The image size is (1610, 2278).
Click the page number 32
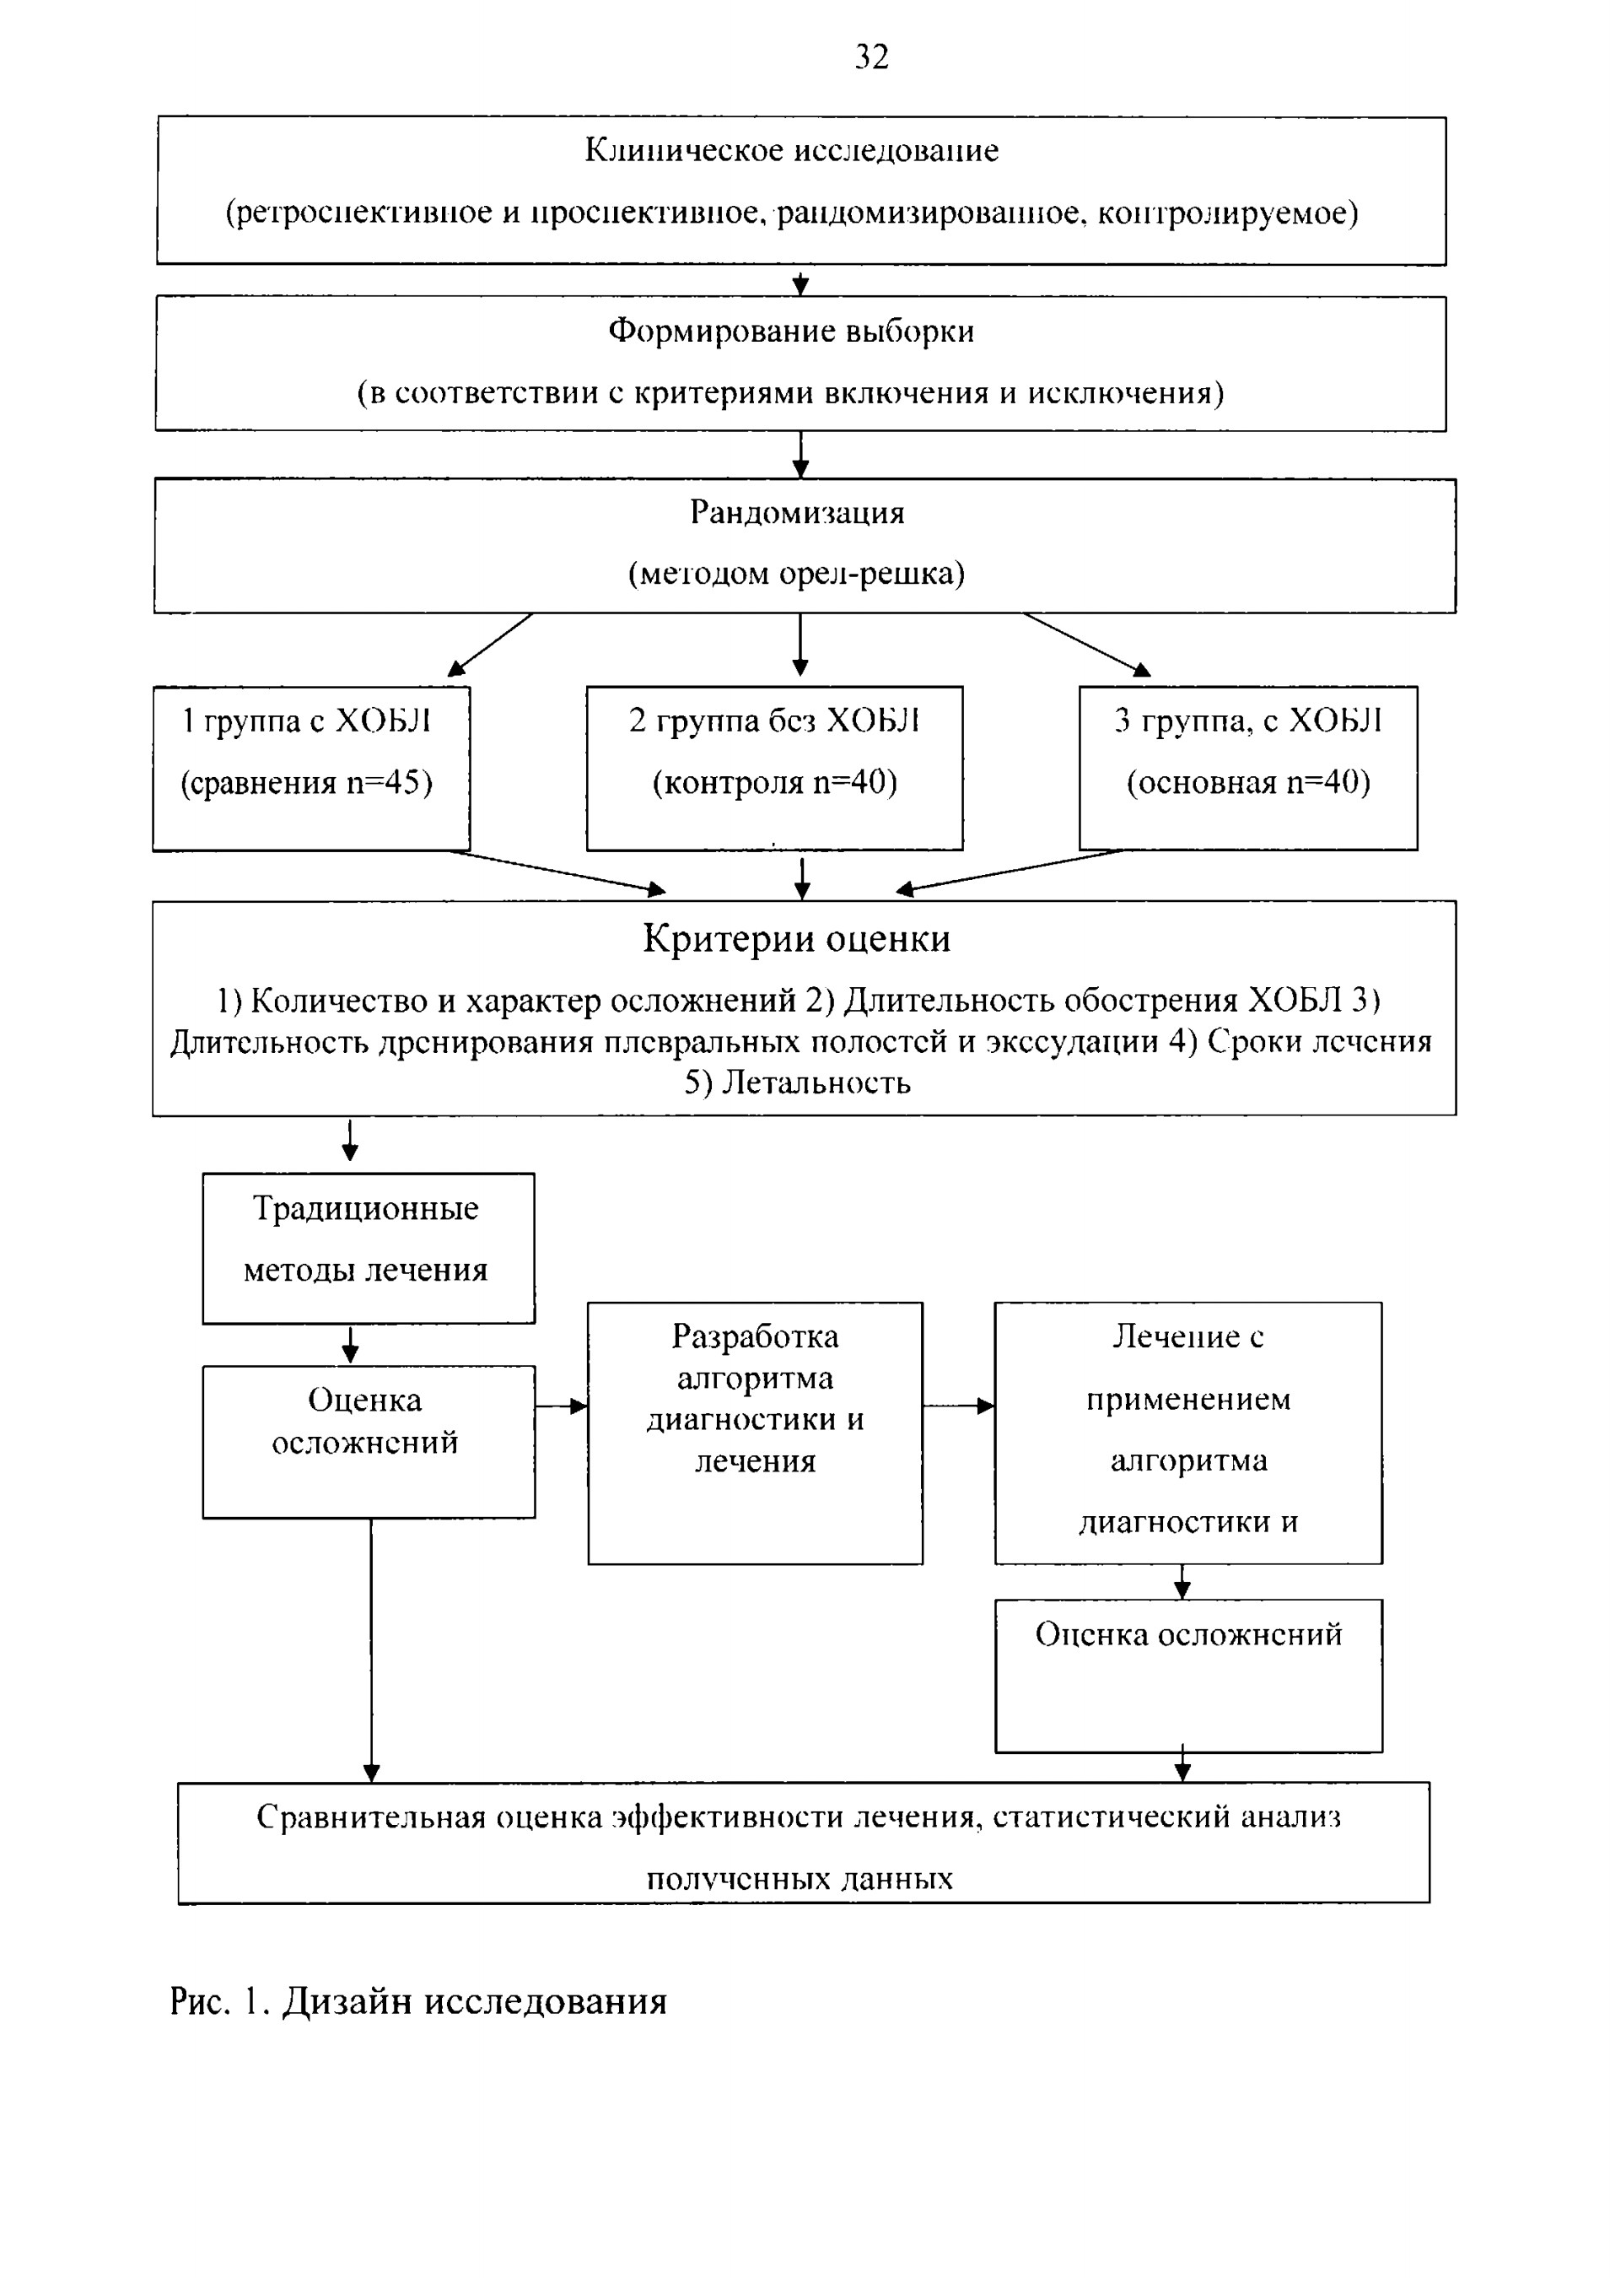(872, 57)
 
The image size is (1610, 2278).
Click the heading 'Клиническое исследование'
(792, 151)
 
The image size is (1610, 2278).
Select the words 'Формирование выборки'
(792, 332)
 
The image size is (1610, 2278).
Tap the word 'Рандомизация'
(798, 513)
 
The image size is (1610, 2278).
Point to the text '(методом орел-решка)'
(797, 575)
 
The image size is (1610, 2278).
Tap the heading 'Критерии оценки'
(797, 938)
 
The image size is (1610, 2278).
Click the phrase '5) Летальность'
(798, 1082)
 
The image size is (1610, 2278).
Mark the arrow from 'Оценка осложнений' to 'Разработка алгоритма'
(562, 1406)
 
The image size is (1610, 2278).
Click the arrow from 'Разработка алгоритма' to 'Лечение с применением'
(959, 1406)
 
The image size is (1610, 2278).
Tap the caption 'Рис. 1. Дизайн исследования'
(417, 2002)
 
